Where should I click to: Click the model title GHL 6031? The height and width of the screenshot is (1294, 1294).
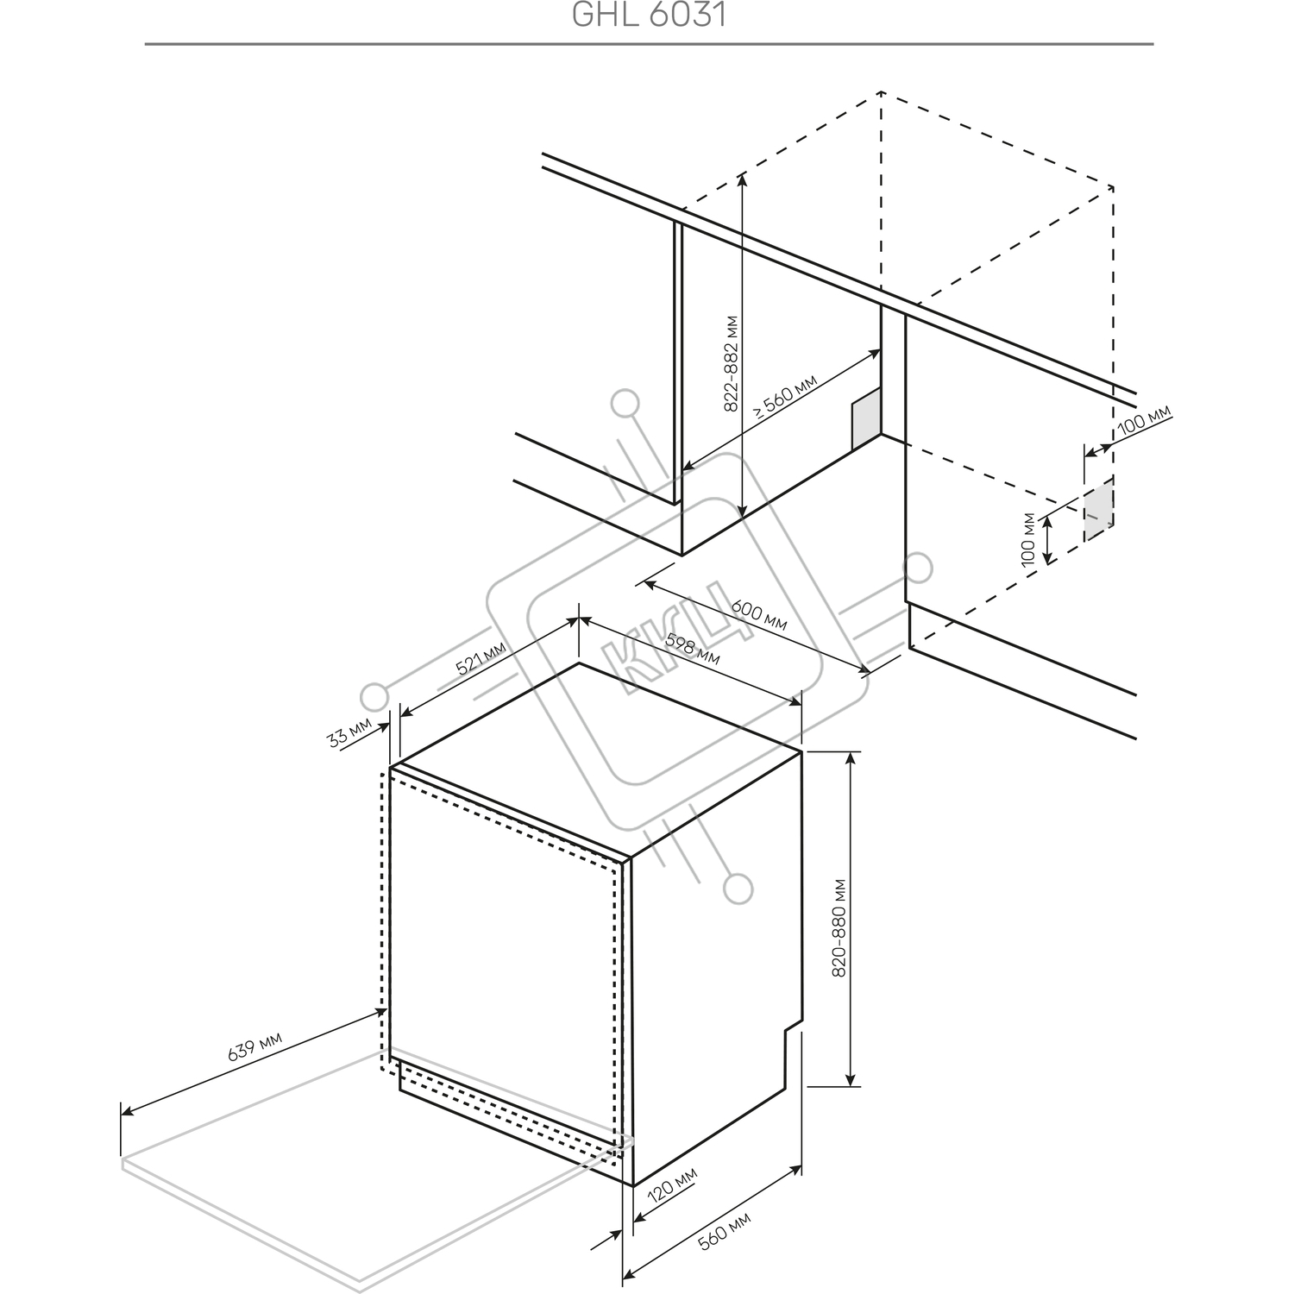pos(649,15)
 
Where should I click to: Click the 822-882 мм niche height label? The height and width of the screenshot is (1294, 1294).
pos(731,363)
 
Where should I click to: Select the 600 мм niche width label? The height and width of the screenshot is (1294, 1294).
pos(759,616)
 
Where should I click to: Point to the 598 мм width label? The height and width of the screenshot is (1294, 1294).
pos(693,649)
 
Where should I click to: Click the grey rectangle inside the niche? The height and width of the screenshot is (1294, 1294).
pos(866,419)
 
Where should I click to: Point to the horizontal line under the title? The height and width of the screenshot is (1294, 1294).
pos(649,43)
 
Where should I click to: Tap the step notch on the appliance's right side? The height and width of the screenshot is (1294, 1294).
pos(793,1030)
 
